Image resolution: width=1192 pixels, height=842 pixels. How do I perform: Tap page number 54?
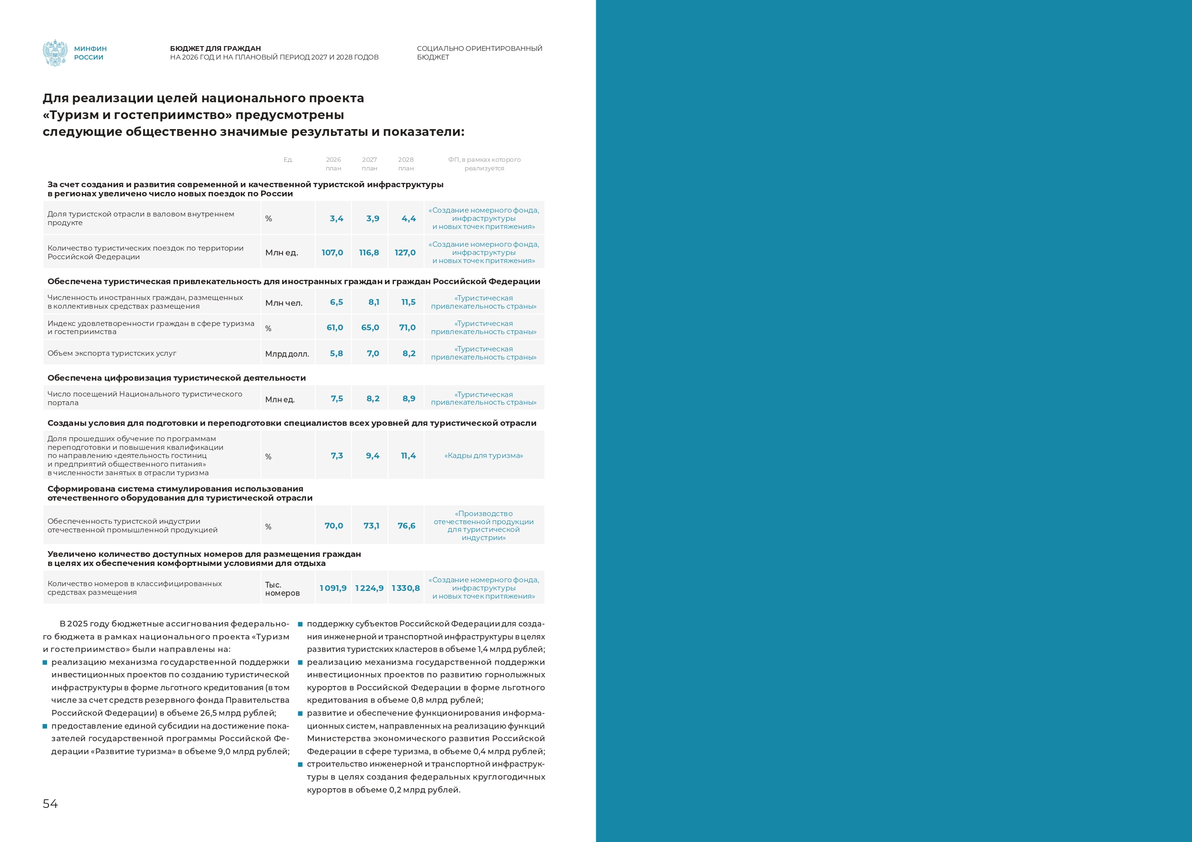point(50,804)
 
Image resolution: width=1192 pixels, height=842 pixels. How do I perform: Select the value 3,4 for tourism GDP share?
point(336,218)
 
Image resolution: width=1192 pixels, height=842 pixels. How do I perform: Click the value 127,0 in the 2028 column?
point(405,253)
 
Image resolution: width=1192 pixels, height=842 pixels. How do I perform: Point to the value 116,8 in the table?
point(369,253)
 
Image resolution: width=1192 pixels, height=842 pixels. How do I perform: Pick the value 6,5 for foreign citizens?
point(336,302)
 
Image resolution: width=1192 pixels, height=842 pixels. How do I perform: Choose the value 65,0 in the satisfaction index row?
point(370,327)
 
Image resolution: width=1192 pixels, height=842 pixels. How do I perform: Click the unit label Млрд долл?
point(287,354)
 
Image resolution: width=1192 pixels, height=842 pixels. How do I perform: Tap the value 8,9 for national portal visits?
point(408,398)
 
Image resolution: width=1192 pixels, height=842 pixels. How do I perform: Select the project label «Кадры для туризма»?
point(483,456)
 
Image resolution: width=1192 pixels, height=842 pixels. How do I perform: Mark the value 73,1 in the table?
point(371,526)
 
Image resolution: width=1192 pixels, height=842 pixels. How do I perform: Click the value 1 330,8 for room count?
point(406,588)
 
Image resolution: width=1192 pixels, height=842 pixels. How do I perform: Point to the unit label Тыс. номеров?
point(282,589)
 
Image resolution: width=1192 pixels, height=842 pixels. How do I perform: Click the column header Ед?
point(288,160)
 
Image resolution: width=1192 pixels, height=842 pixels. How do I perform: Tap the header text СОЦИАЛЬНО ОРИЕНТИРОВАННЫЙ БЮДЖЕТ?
point(479,52)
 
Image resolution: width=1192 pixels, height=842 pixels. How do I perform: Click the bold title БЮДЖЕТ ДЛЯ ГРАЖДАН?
point(215,48)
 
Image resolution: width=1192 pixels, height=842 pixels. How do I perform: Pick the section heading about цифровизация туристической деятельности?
point(176,378)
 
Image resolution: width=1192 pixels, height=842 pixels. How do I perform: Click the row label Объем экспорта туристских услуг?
point(112,353)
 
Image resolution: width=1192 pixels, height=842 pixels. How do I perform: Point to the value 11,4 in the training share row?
point(408,456)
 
